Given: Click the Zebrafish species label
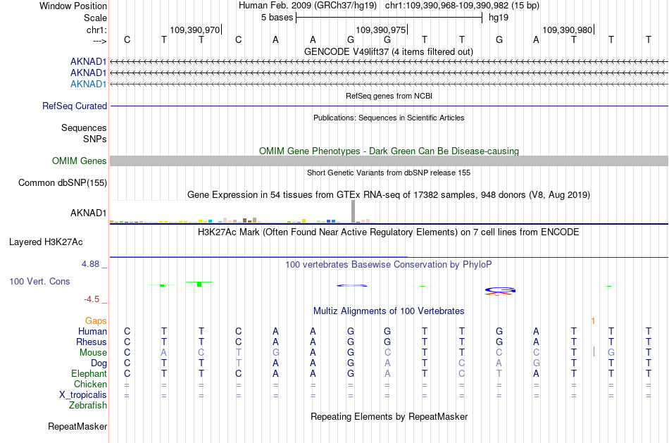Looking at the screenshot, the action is pyautogui.click(x=88, y=405).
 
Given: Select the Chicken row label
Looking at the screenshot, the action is pyautogui.click(x=90, y=384).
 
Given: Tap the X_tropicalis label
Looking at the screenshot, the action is pyautogui.click(x=83, y=395).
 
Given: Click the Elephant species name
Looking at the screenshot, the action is pyautogui.click(x=89, y=373).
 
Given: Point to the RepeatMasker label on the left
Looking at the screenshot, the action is pyautogui.click(x=77, y=426).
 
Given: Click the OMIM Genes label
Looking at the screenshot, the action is pyautogui.click(x=80, y=161).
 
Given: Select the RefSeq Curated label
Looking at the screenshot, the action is pyautogui.click(x=75, y=106).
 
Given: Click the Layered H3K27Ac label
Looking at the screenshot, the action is pyautogui.click(x=46, y=242).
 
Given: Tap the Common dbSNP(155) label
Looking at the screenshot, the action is pyautogui.click(x=63, y=182).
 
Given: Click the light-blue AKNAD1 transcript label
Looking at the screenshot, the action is pyautogui.click(x=88, y=84).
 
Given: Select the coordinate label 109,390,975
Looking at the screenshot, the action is pyautogui.click(x=380, y=30).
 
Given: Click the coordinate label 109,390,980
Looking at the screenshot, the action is pyautogui.click(x=568, y=30).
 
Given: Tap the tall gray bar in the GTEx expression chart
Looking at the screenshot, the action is pyautogui.click(x=353, y=211).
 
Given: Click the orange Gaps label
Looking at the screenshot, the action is pyautogui.click(x=96, y=320).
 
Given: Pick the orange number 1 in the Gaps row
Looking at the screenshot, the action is pyautogui.click(x=593, y=321).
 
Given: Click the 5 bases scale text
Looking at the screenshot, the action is pyautogui.click(x=277, y=18).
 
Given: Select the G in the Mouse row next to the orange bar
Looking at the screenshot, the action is pyautogui.click(x=611, y=353).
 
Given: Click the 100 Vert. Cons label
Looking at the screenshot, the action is pyautogui.click(x=39, y=281).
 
